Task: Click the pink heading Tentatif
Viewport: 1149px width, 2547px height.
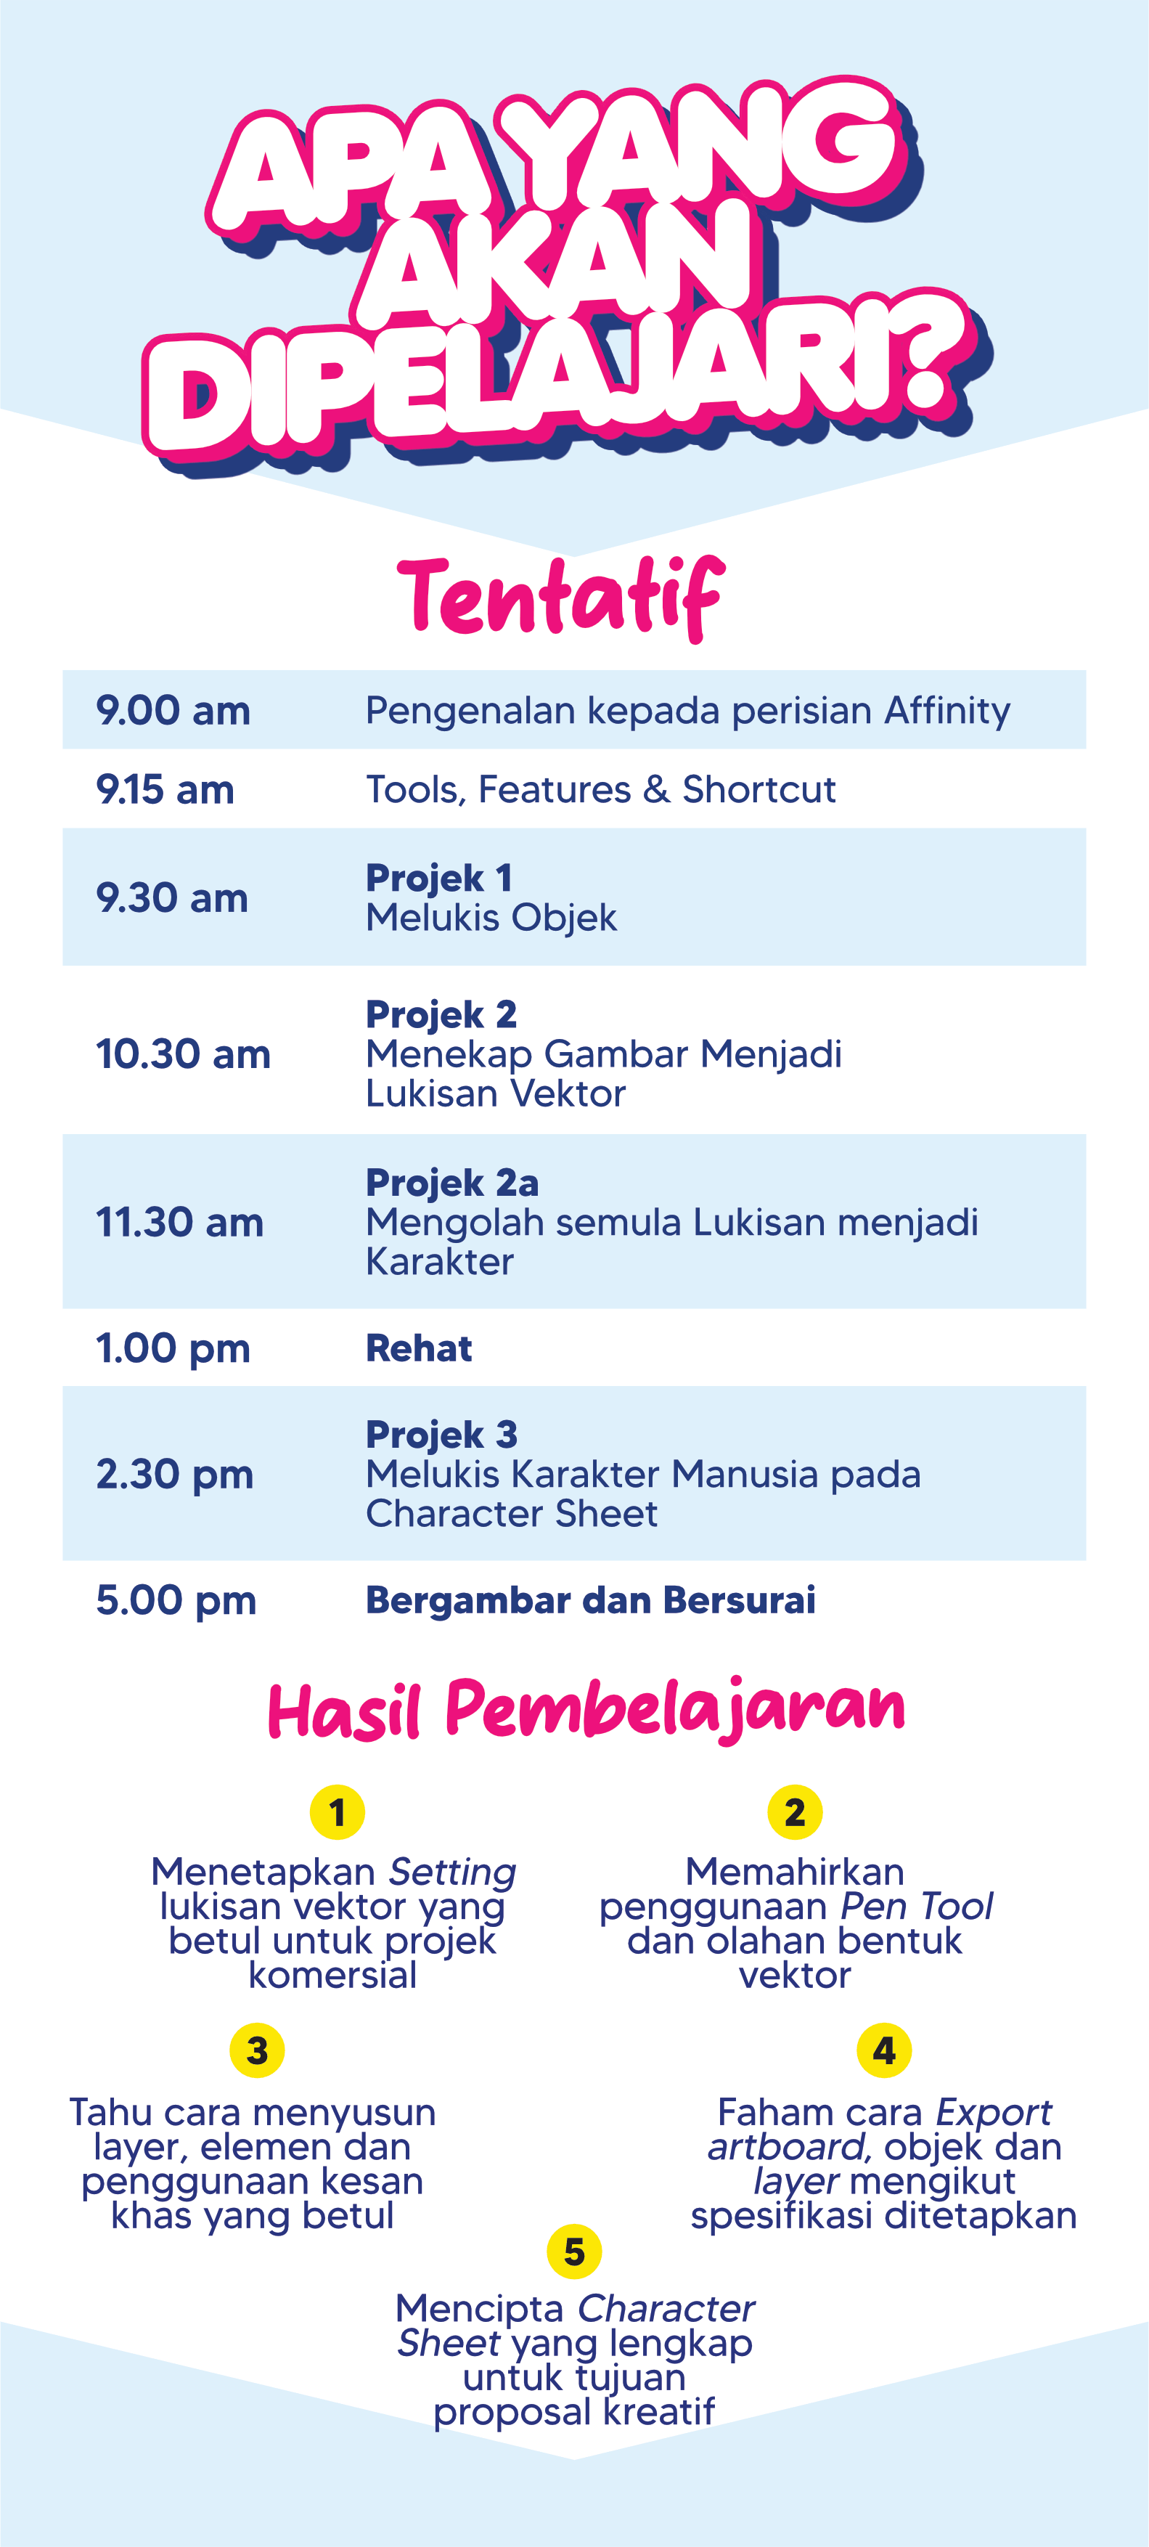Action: pos(560,598)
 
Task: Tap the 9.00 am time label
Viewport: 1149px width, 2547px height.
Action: pos(173,711)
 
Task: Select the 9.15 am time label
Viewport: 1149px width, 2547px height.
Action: pos(165,790)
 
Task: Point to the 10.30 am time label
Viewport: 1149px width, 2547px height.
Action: pos(183,1054)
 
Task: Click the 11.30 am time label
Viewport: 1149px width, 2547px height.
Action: pos(180,1222)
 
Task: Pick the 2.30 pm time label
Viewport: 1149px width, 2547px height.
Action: pos(175,1474)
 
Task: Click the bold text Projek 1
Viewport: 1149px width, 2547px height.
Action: pos(439,878)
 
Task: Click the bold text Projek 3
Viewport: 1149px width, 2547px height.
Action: pos(441,1435)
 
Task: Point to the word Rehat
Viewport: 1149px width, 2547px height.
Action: pos(420,1348)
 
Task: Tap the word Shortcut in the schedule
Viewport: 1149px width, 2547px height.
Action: pos(759,790)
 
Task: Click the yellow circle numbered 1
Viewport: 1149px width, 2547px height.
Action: pos(338,1812)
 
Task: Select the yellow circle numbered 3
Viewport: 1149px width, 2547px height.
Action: pos(257,2050)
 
